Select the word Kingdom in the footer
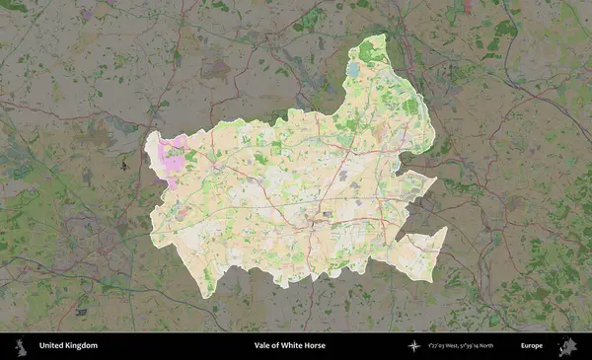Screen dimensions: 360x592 (x=83, y=346)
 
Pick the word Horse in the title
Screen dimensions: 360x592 (x=316, y=346)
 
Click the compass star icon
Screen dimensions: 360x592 (x=413, y=346)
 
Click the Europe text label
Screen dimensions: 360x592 (x=532, y=346)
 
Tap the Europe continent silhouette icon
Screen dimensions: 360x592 (x=568, y=346)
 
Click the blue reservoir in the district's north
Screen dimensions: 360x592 (x=352, y=71)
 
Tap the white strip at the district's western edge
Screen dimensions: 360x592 (x=152, y=148)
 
